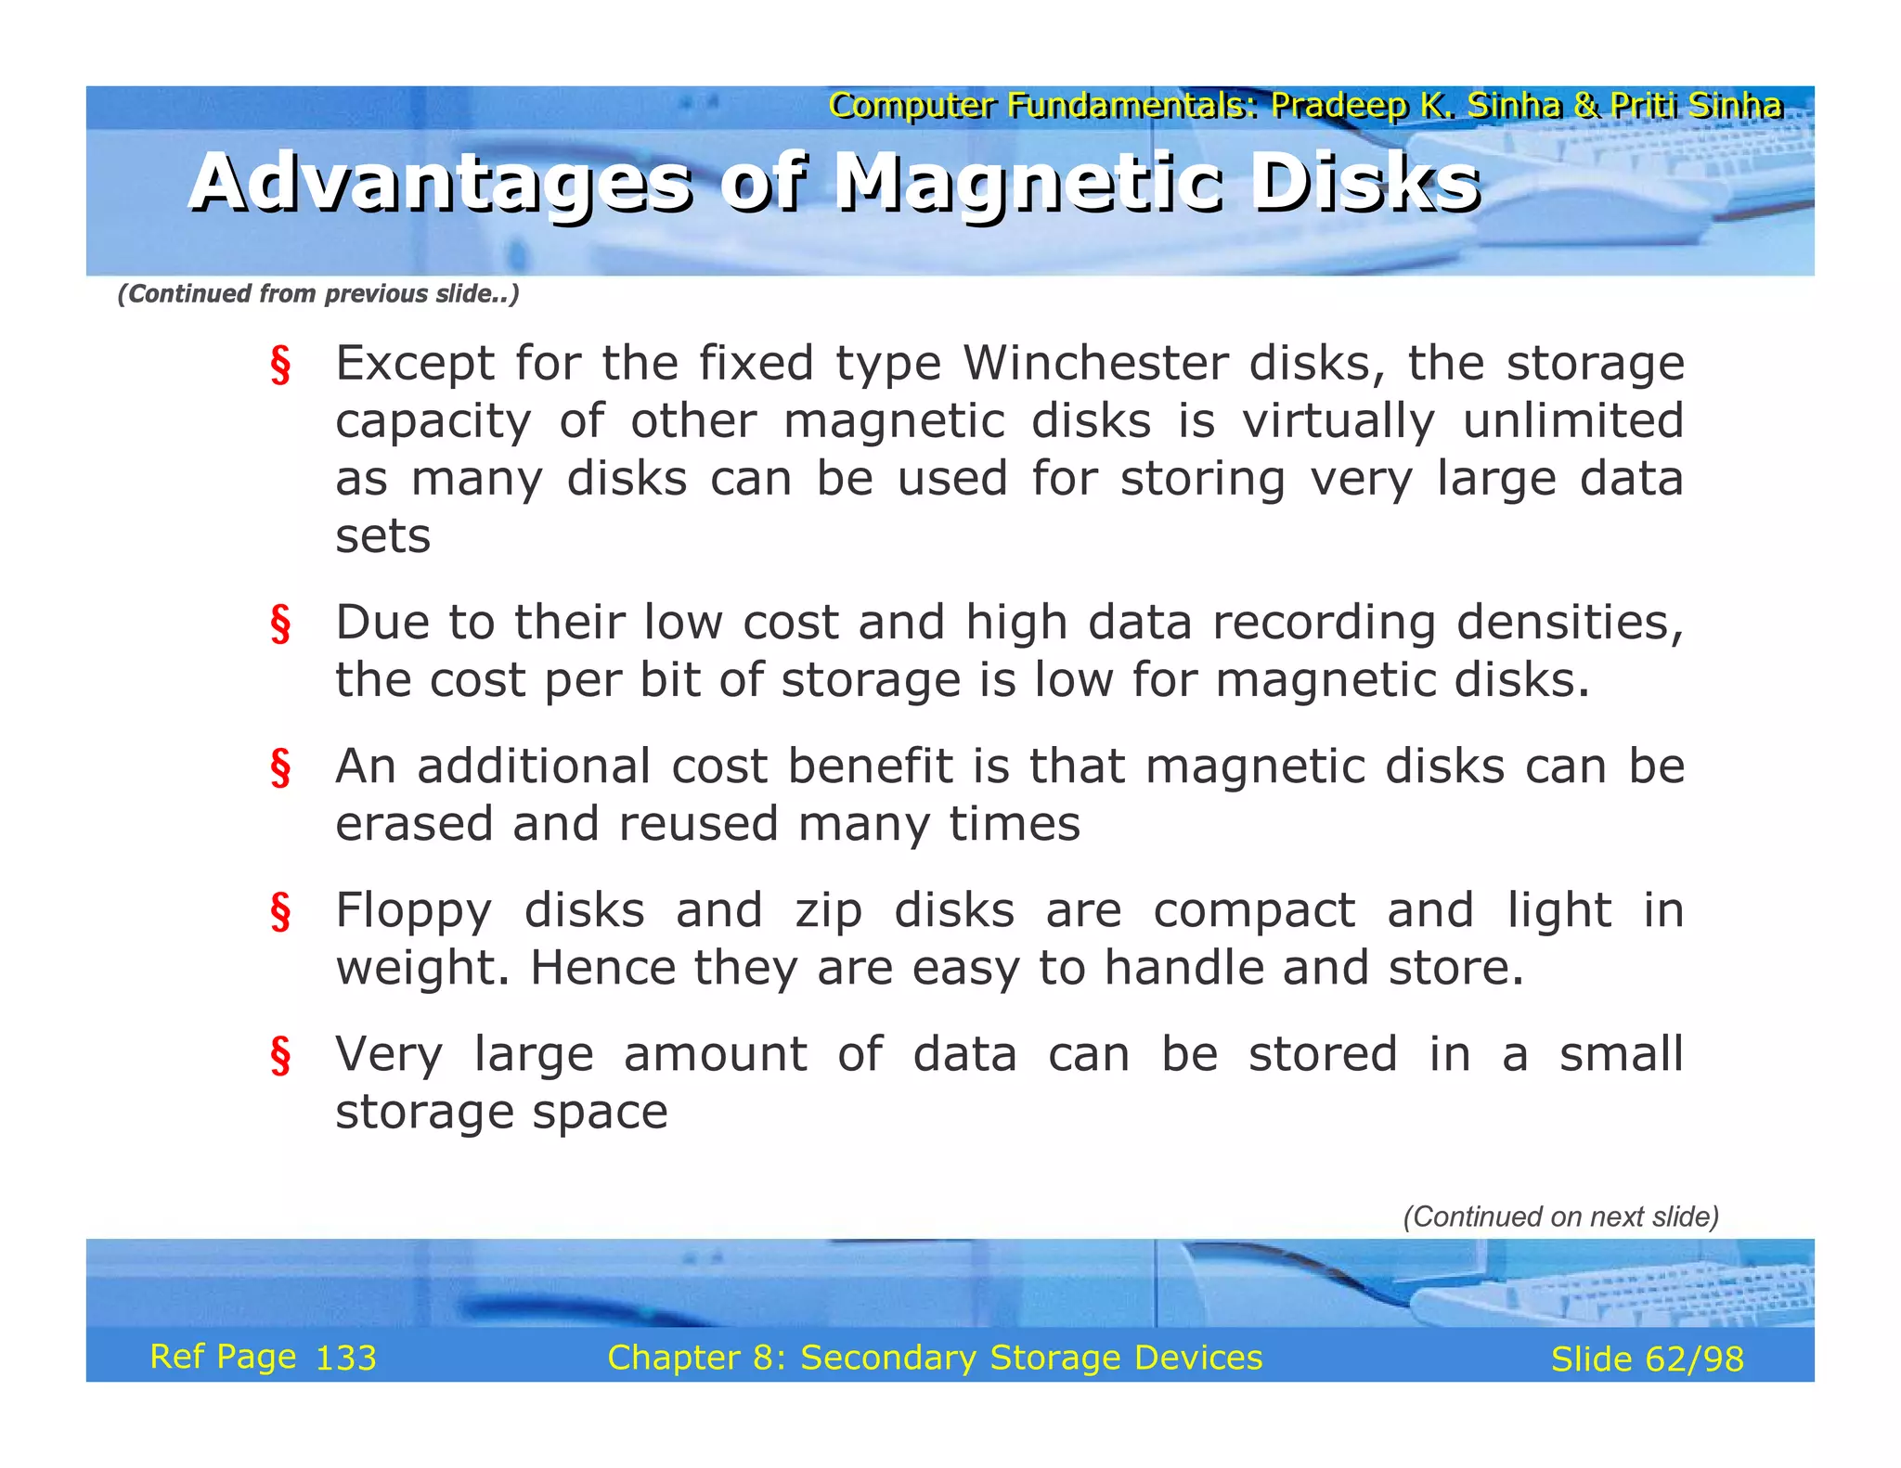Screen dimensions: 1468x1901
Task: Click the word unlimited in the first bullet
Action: (1572, 421)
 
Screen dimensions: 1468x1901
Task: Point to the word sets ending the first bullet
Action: (382, 536)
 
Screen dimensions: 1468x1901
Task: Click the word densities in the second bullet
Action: (1568, 623)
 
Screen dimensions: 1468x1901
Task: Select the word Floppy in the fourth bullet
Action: (413, 911)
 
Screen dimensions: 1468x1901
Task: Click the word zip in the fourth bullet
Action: (828, 911)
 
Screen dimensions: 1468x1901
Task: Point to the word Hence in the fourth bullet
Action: (602, 968)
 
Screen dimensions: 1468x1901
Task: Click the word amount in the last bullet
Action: (715, 1055)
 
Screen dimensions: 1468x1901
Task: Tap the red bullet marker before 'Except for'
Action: (280, 365)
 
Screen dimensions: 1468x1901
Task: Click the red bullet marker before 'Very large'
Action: (280, 1056)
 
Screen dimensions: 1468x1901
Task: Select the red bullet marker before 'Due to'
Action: (280, 624)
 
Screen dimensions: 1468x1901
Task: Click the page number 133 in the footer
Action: (346, 1359)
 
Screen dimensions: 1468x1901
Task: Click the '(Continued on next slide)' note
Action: (1560, 1217)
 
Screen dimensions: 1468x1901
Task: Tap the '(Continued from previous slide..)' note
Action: (318, 294)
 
